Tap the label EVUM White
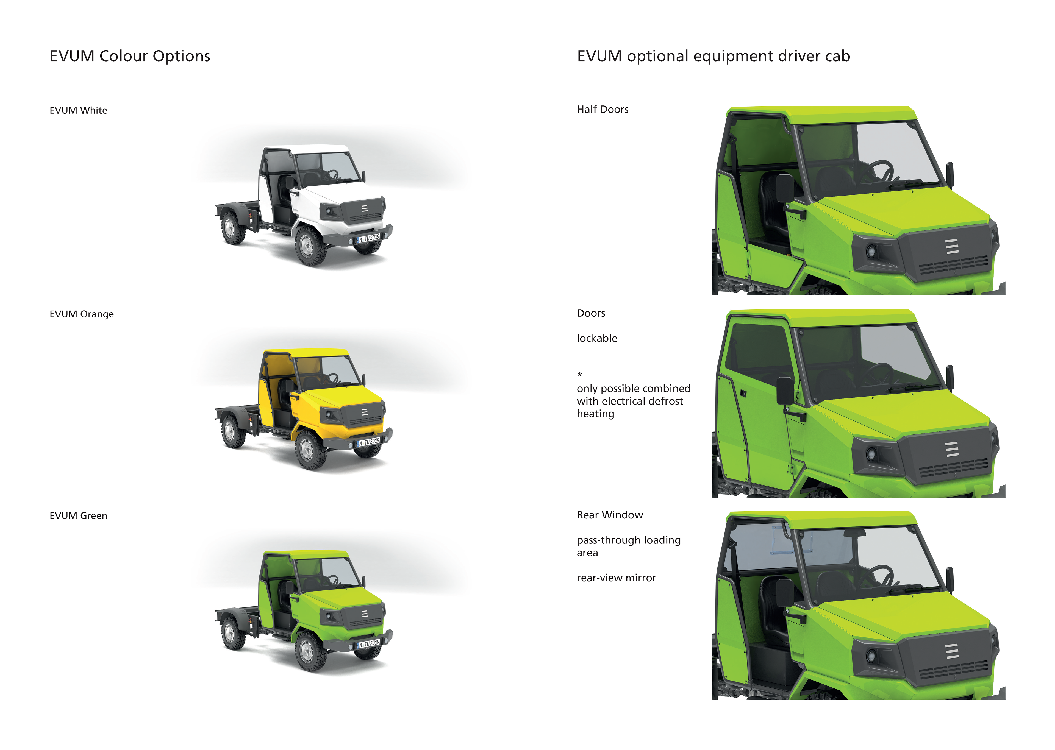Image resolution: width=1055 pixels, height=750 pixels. point(79,110)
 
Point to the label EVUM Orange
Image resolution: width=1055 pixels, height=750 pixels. point(82,314)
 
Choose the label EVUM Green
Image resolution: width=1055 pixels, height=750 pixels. point(79,516)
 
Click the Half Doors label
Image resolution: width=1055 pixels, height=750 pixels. point(602,110)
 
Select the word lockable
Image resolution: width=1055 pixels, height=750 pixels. point(597,339)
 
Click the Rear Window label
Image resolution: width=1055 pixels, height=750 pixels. point(610,515)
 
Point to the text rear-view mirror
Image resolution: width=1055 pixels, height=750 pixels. point(616,578)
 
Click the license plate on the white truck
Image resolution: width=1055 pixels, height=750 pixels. point(369,238)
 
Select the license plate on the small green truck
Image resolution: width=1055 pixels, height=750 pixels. point(369,644)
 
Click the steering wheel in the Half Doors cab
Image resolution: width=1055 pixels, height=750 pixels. point(880,172)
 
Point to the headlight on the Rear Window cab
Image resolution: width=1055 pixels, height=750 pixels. point(871,655)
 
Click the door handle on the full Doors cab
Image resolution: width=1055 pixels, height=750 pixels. point(743,393)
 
